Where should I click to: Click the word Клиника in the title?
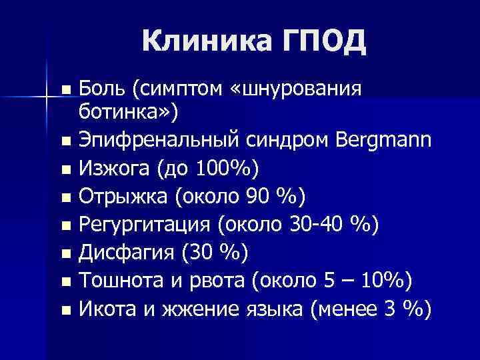(200, 42)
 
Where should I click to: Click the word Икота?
(107, 309)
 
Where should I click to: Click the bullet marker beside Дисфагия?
(65, 254)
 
